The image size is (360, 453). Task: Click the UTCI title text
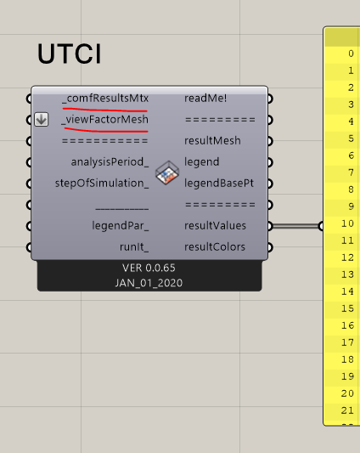(x=70, y=54)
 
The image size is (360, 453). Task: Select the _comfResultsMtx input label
(x=105, y=99)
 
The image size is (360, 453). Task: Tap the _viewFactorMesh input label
(x=105, y=120)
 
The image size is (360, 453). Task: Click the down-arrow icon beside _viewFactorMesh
(x=42, y=120)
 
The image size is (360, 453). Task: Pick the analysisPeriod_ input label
(x=110, y=162)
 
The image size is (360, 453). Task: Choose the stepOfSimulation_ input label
(x=102, y=184)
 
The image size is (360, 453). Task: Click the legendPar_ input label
(x=121, y=225)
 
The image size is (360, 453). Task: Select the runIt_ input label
(x=134, y=247)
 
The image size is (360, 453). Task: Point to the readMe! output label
(x=205, y=99)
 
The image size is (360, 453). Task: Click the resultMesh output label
(x=212, y=141)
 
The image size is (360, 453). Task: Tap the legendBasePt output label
(x=219, y=184)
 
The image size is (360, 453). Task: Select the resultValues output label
(x=215, y=225)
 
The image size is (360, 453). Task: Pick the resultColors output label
(x=215, y=247)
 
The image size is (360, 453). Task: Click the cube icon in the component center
(x=167, y=173)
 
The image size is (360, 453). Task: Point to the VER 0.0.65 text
(x=149, y=268)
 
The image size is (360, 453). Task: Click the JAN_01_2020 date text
(x=149, y=283)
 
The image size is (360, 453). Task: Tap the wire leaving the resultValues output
(x=295, y=226)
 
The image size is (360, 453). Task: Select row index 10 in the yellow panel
(x=347, y=224)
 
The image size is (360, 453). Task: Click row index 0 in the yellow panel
(x=351, y=54)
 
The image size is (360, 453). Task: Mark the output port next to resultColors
(x=269, y=247)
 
